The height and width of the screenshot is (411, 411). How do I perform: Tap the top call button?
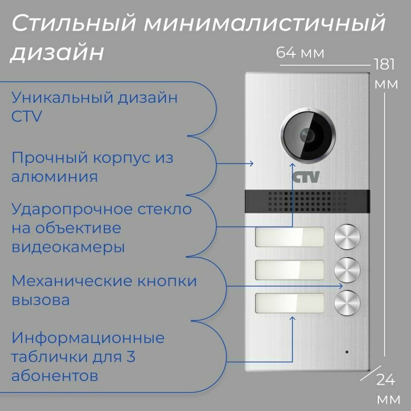(x=348, y=237)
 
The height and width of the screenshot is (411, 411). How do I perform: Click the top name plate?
(x=289, y=237)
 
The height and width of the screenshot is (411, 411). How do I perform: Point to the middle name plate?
(x=289, y=270)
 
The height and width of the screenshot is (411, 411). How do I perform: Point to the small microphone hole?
(x=346, y=351)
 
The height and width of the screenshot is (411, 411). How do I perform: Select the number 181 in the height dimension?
(x=385, y=64)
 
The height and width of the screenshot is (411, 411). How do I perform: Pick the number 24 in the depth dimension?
(x=386, y=379)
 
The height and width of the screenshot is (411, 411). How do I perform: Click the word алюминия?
(x=54, y=176)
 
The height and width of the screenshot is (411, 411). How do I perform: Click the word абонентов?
(x=54, y=376)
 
